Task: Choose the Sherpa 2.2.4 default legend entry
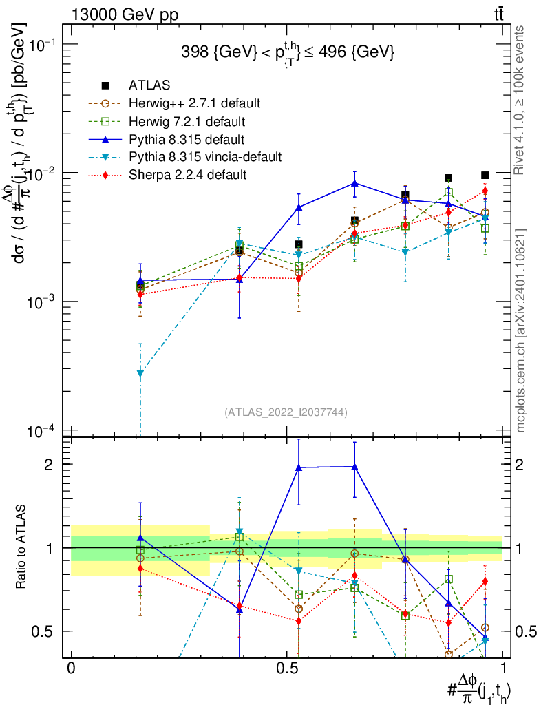click(188, 175)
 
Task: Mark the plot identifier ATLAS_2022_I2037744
click(285, 412)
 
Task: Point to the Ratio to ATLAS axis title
click(23, 548)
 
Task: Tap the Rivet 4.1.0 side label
click(522, 101)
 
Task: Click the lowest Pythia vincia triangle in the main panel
click(140, 373)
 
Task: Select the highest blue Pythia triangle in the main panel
click(354, 183)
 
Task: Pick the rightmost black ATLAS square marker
click(485, 176)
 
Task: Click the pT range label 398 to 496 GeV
click(287, 52)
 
